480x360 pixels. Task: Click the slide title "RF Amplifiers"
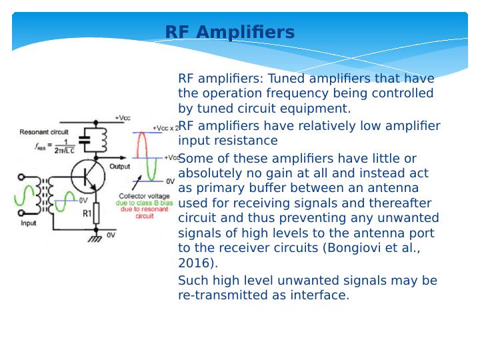tap(229, 32)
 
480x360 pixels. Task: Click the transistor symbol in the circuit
tap(88, 177)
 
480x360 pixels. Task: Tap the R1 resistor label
tap(87, 214)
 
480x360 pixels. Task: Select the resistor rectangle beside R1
tap(97, 213)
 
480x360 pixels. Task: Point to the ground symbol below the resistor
tap(97, 235)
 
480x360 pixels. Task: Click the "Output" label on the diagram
tap(120, 166)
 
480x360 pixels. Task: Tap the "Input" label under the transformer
tap(28, 224)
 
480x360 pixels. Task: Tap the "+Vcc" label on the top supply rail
tap(123, 117)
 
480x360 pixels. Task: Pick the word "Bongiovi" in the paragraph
tap(349, 248)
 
